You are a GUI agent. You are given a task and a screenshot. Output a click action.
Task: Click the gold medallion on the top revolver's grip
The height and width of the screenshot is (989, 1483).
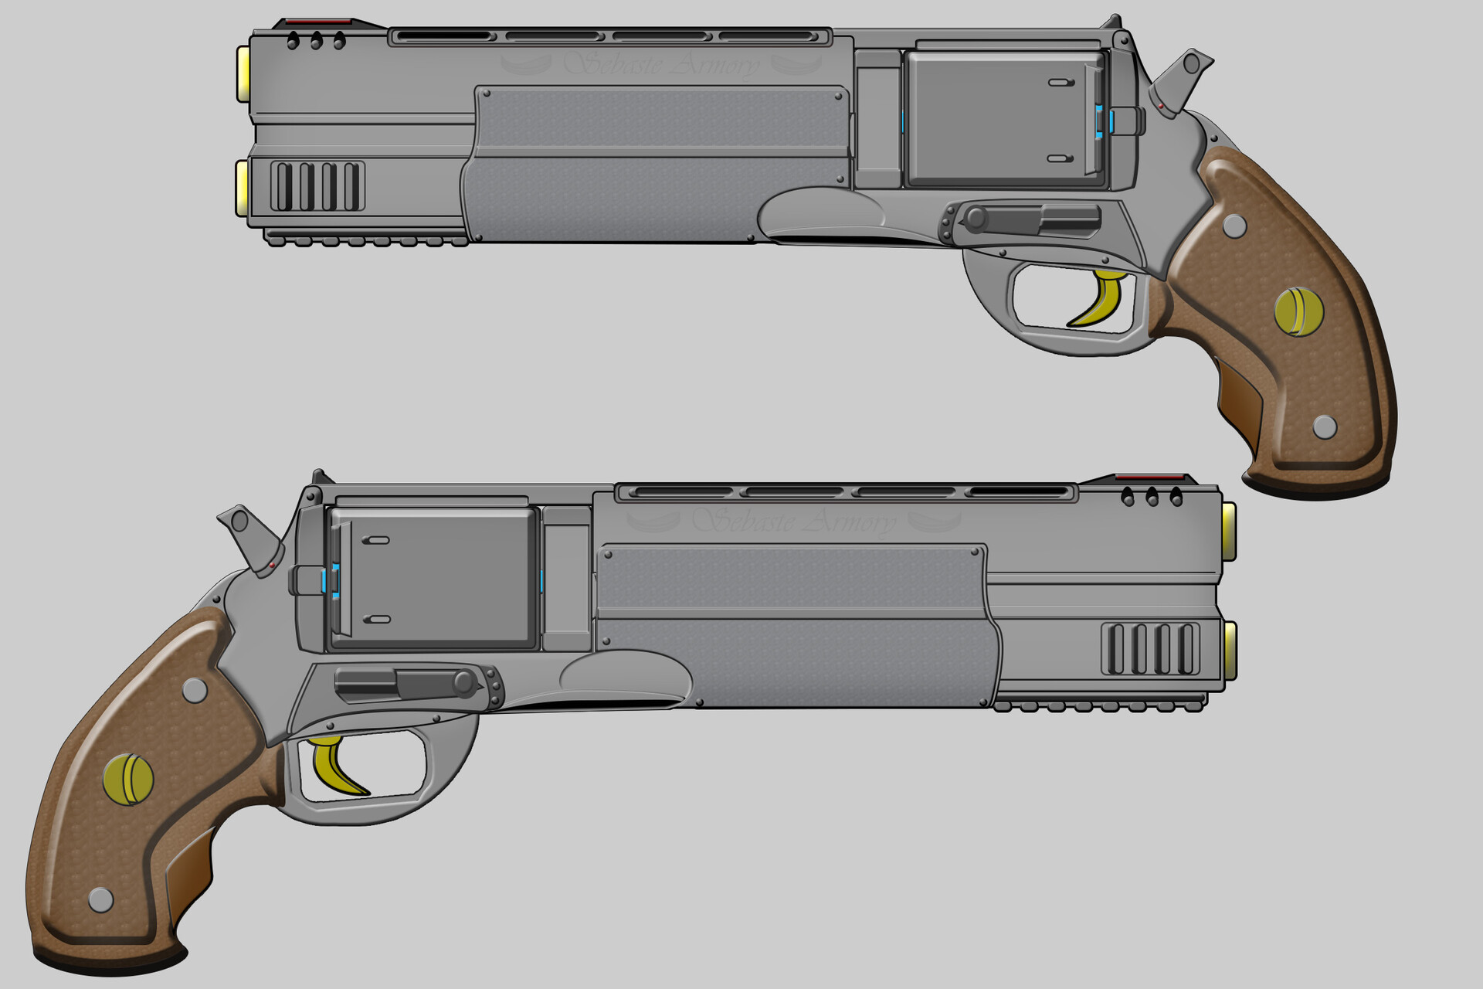click(1298, 311)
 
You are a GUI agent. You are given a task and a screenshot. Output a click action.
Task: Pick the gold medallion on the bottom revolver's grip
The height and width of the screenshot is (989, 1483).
click(128, 779)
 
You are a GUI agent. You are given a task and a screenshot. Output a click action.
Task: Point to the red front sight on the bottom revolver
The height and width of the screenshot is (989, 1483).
click(1149, 477)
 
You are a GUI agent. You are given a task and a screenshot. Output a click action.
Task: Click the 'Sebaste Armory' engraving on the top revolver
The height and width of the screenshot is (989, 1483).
click(661, 64)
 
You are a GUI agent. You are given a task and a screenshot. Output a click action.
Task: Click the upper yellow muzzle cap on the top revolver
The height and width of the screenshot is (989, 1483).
click(243, 73)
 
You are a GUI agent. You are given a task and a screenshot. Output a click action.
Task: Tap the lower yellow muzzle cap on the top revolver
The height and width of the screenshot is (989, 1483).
click(243, 187)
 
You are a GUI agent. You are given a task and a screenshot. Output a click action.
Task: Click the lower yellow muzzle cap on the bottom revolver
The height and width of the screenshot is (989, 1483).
click(1229, 651)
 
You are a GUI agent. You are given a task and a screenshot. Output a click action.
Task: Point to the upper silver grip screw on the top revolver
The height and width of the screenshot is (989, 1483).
click(1235, 226)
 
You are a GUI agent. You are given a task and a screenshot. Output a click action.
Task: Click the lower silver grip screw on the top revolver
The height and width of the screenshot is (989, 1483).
click(1325, 427)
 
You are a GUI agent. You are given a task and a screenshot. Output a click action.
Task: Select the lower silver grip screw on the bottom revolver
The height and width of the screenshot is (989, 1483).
click(101, 899)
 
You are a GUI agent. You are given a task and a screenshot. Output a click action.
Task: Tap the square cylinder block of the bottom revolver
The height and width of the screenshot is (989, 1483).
click(433, 577)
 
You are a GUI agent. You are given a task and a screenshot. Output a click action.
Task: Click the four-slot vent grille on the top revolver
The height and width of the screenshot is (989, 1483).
click(317, 186)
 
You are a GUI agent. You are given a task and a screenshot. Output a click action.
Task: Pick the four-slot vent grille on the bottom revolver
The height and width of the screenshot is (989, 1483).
click(1151, 649)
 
